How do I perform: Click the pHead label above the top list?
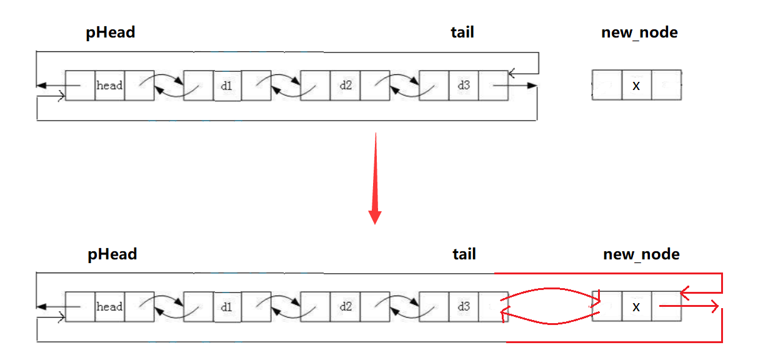click(111, 32)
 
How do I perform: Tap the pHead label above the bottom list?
click(112, 254)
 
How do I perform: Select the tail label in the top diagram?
click(462, 32)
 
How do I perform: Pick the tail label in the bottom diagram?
click(464, 254)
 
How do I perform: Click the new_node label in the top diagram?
click(639, 32)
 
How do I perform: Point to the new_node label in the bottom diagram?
click(641, 254)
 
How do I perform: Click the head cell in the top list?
click(109, 86)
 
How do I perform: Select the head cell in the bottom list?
click(109, 307)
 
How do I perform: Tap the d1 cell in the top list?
click(226, 86)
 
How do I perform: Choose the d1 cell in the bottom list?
click(226, 307)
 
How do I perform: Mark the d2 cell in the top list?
click(346, 86)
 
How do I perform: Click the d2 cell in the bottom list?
click(346, 307)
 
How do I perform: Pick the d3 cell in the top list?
click(464, 86)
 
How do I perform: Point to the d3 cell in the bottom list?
click(464, 307)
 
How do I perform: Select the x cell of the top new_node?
click(636, 86)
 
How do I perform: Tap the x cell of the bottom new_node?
click(636, 307)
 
